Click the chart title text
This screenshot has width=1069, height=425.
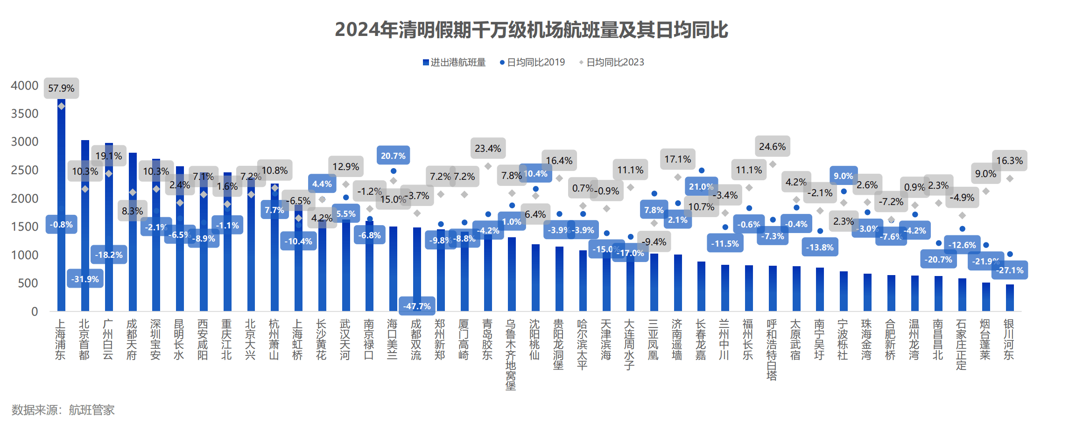pos(531,30)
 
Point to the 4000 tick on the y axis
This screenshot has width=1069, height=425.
pos(25,85)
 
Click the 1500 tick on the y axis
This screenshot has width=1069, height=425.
pos(25,227)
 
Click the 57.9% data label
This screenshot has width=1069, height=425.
pos(61,88)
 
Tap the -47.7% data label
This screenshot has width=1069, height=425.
pos(417,306)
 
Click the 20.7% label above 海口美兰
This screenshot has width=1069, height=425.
pos(393,156)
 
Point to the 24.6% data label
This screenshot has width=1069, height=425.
pos(772,147)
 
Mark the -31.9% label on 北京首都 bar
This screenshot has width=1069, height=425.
pos(85,279)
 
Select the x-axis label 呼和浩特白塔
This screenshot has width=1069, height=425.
pos(772,349)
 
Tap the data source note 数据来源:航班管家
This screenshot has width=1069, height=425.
pos(63,410)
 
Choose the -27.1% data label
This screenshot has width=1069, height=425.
pos(1009,270)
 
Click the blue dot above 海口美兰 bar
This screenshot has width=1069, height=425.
pos(394,171)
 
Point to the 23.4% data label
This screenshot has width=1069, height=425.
pos(488,149)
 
